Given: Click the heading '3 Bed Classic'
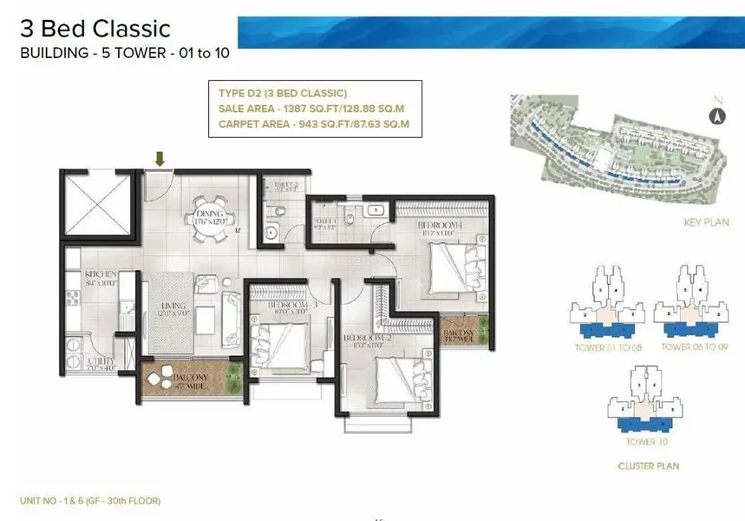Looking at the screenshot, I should click(95, 30).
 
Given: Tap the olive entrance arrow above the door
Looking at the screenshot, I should click(159, 158).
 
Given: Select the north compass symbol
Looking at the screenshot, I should click(716, 115).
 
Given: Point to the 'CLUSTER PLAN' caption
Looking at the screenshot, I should click(648, 466).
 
